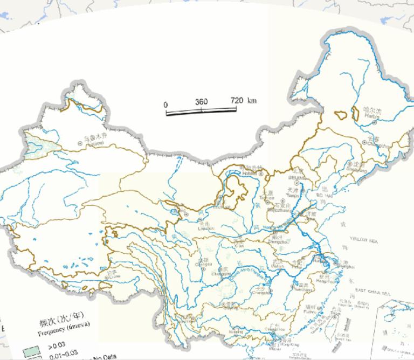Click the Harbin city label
(x=372, y=115)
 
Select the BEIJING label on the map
(x=295, y=177)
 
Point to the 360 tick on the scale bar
(x=201, y=102)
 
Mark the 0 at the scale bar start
(x=166, y=104)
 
